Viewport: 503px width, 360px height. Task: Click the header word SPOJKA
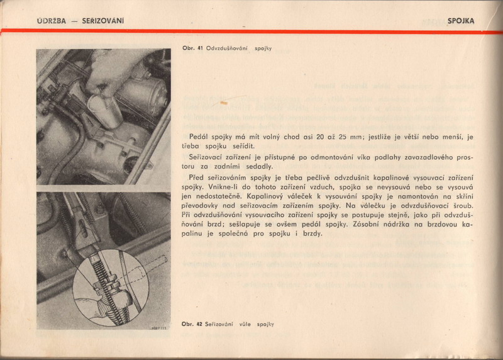tap(461, 21)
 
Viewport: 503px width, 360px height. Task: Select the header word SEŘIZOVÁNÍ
tap(103, 21)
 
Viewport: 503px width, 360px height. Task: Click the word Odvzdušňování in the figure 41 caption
tap(229, 49)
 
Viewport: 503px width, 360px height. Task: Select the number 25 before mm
tap(350, 136)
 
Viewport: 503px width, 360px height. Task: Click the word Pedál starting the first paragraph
tap(199, 136)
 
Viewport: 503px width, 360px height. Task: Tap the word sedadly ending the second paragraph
tap(260, 167)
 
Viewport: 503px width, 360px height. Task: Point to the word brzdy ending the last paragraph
tap(312, 234)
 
